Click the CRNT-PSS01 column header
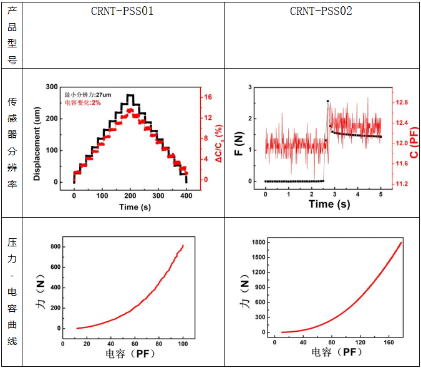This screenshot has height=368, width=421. click(x=122, y=11)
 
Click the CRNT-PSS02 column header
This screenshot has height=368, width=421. click(x=321, y=11)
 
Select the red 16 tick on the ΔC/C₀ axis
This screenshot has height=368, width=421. click(x=208, y=97)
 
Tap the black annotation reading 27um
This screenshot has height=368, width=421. click(x=103, y=94)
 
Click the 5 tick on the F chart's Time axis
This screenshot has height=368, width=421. click(x=380, y=194)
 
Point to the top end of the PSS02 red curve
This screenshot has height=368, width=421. click(x=400, y=243)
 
